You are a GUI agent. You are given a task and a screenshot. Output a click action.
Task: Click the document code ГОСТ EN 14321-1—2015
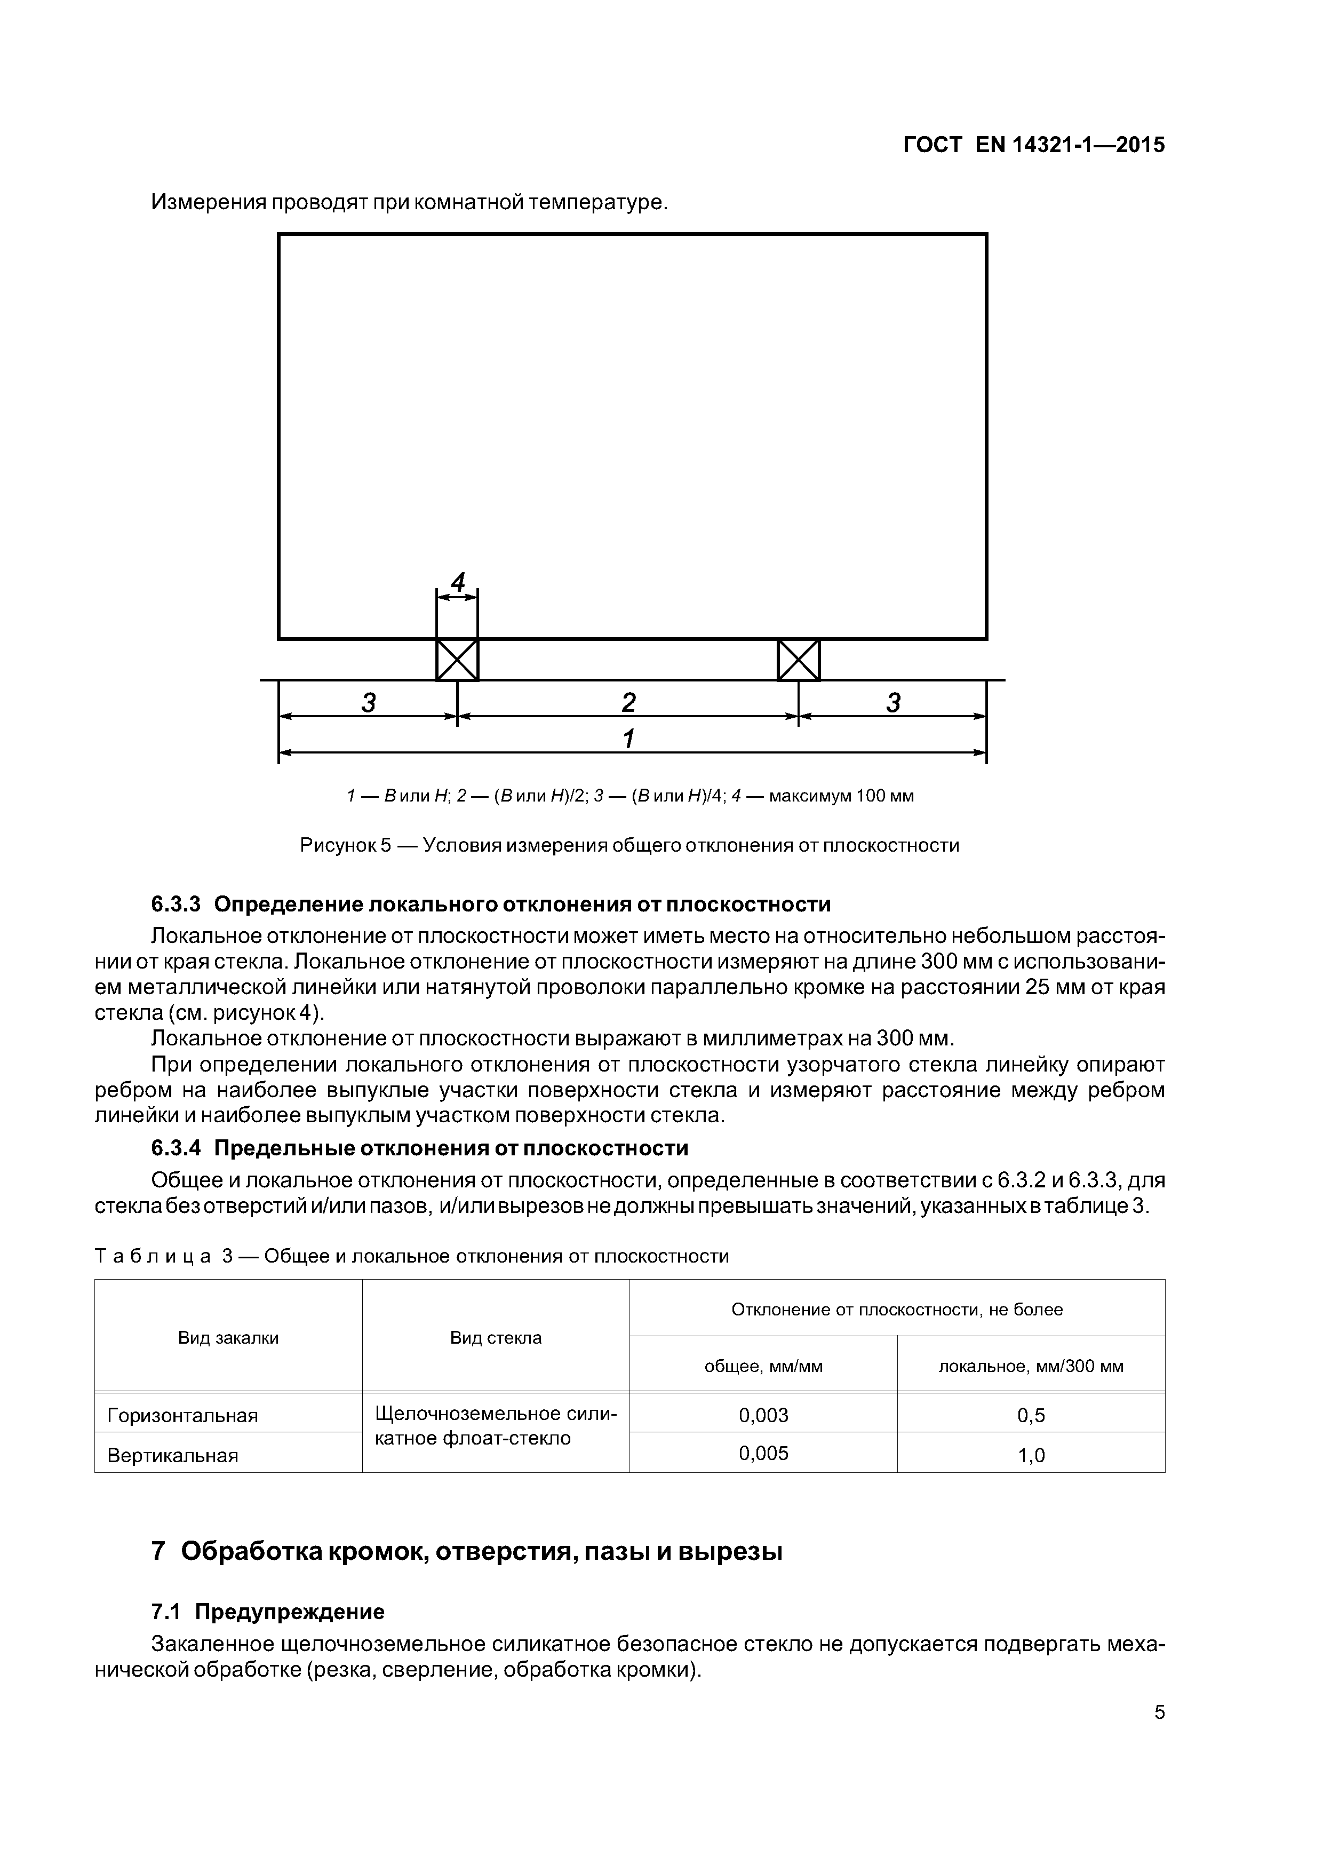click(1034, 145)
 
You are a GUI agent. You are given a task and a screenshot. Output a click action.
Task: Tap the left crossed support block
click(457, 659)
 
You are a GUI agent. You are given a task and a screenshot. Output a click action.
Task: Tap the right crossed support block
click(798, 659)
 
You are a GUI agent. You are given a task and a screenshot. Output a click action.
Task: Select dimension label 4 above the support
click(458, 582)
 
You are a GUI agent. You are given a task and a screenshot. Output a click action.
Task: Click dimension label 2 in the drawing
click(628, 702)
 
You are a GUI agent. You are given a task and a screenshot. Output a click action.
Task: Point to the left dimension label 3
click(369, 702)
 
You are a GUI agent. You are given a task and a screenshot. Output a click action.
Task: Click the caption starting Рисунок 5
click(629, 845)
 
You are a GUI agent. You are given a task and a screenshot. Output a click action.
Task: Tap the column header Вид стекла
click(496, 1337)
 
